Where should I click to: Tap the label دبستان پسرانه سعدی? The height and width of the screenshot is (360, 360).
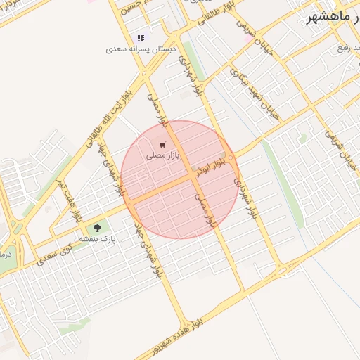(140, 50)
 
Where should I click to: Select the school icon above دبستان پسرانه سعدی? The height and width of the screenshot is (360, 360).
(141, 38)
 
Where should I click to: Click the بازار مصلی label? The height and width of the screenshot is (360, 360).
(164, 153)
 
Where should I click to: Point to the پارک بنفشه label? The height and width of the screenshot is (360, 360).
(97, 239)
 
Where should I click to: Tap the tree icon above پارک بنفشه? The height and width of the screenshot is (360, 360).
(97, 228)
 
